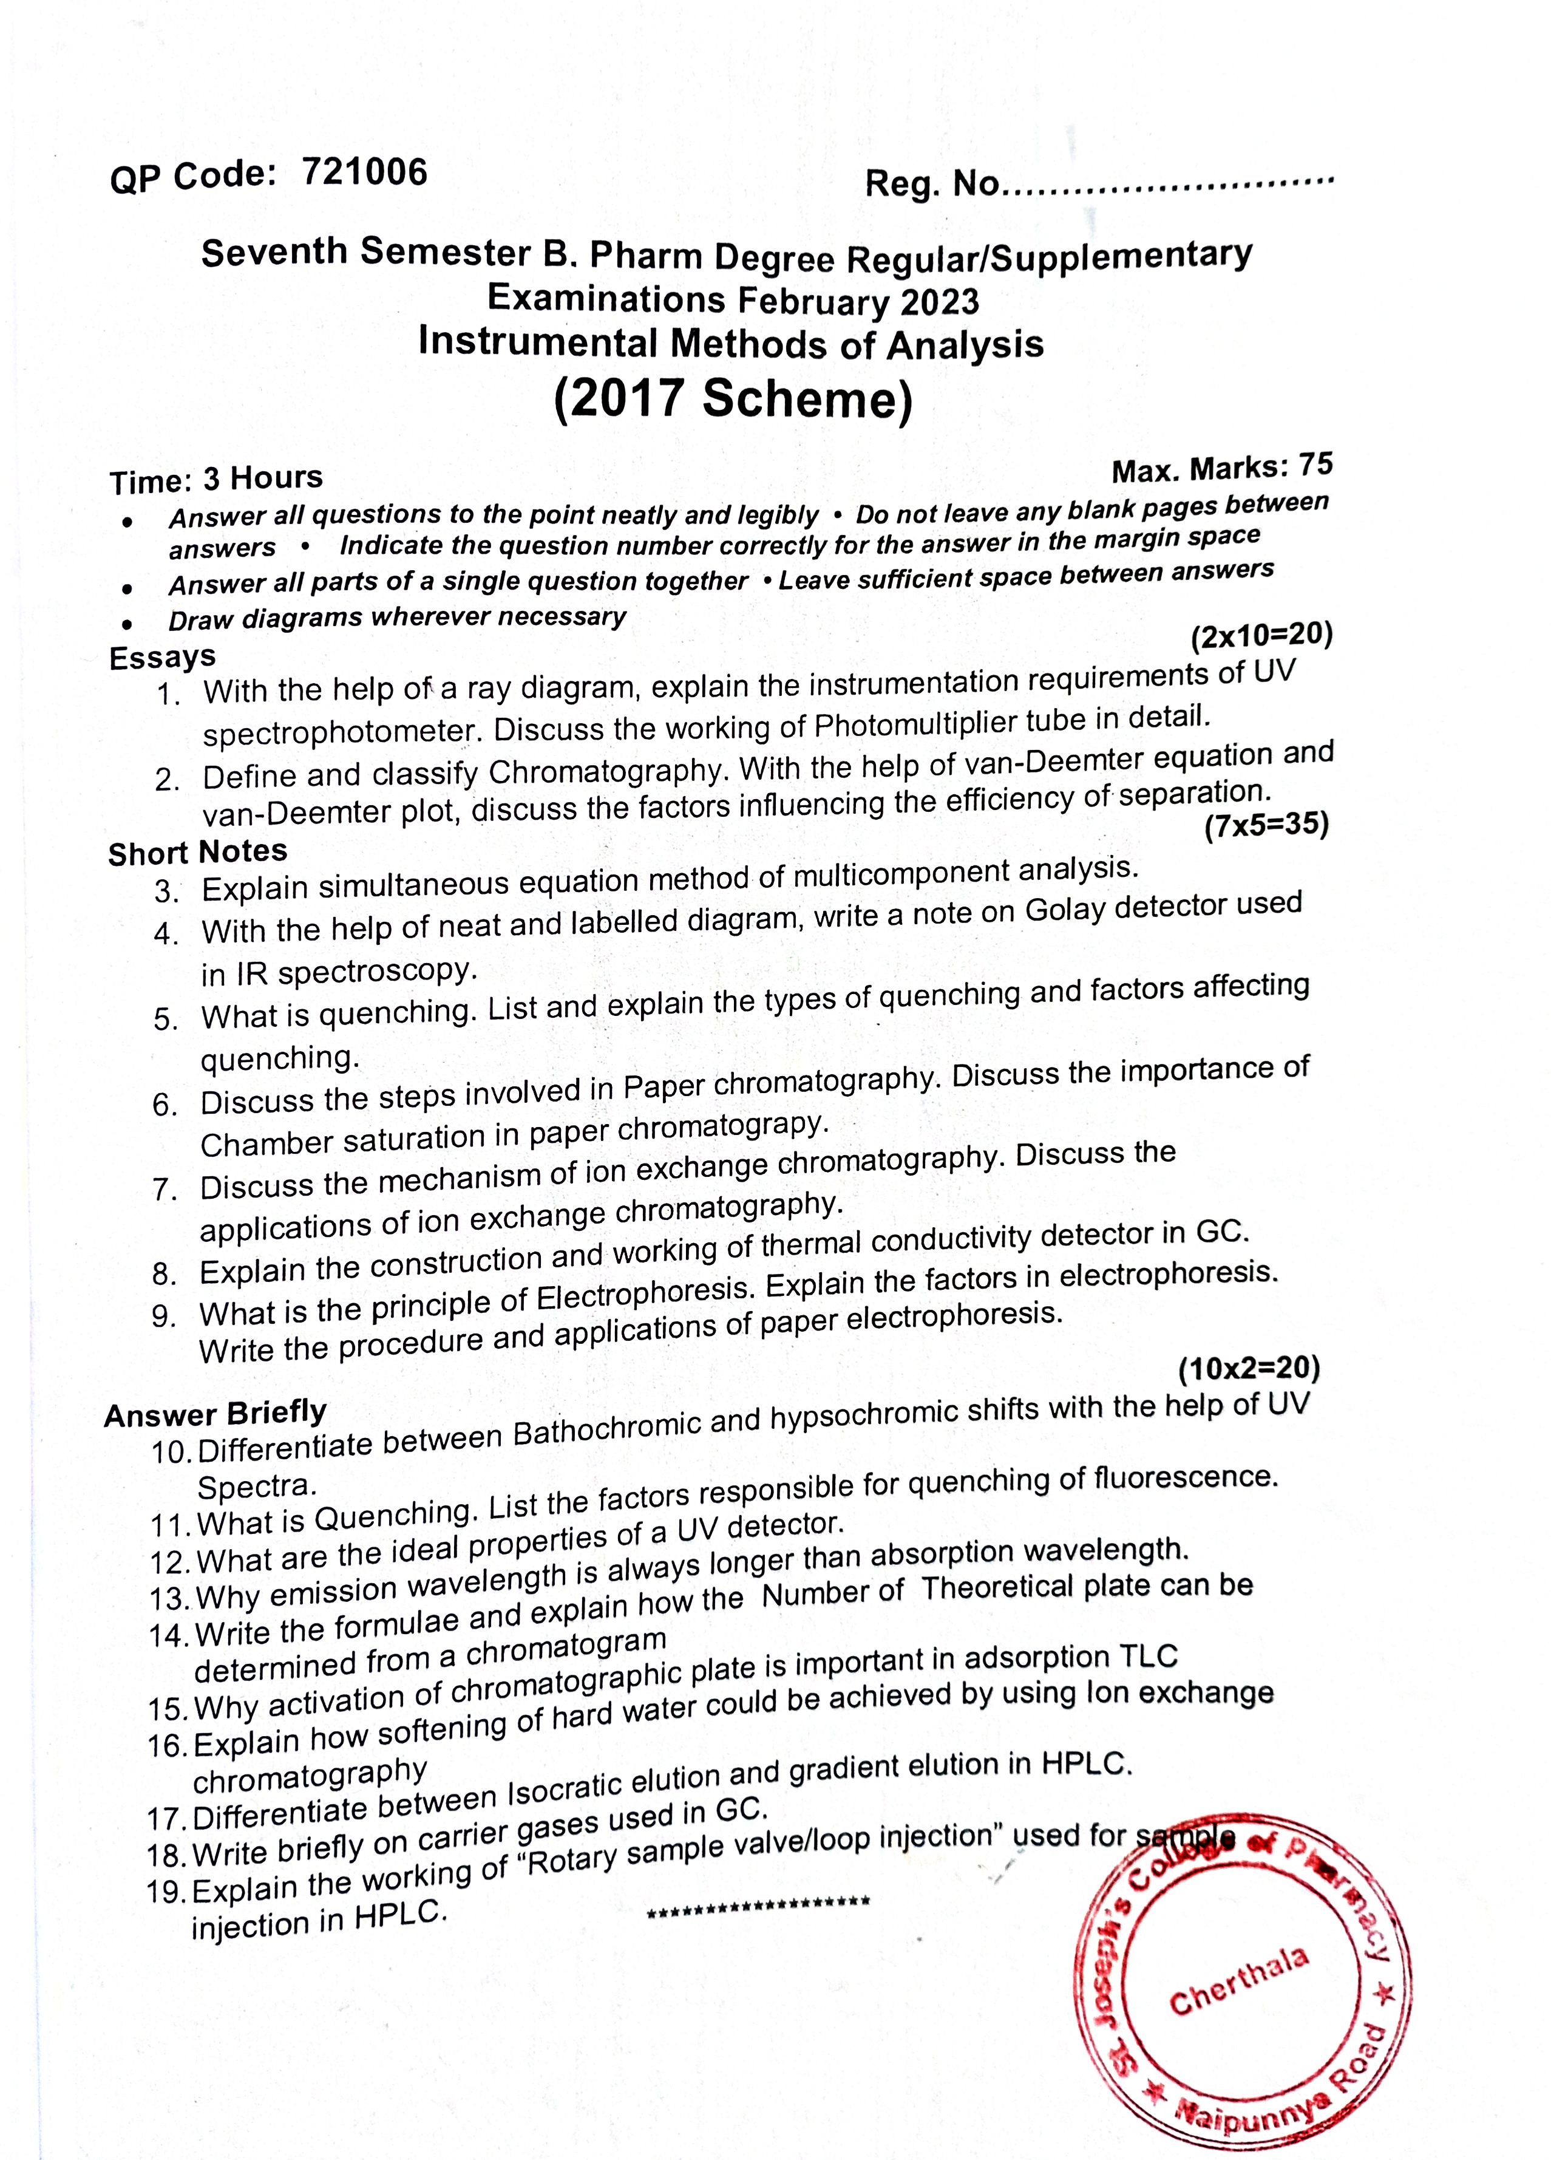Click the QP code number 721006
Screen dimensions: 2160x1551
click(x=365, y=172)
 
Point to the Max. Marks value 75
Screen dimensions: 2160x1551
click(x=1316, y=465)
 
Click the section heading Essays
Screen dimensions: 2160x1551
click(x=163, y=657)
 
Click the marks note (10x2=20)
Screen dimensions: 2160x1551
click(x=1248, y=1369)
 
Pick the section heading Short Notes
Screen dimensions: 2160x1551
click(x=197, y=851)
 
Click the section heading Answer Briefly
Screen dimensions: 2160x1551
click(x=215, y=1413)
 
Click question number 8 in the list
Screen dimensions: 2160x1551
click(x=164, y=1274)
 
